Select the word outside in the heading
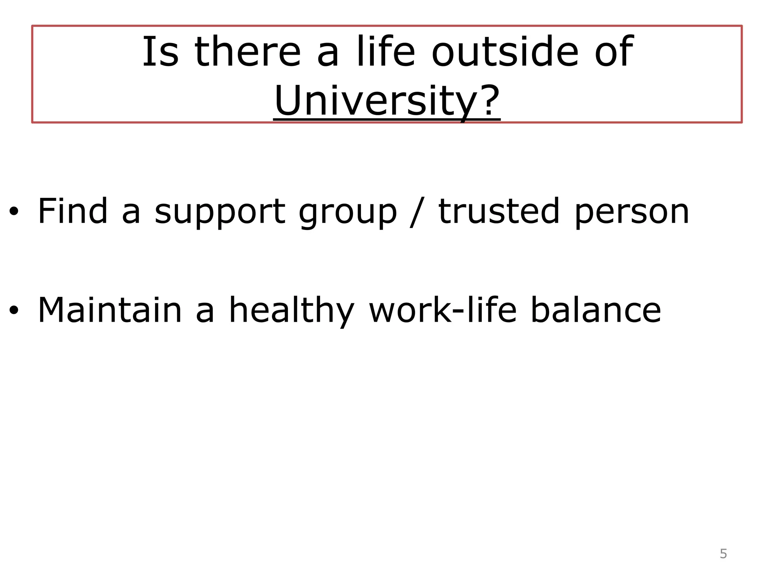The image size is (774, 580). (x=505, y=52)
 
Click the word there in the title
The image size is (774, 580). (x=248, y=52)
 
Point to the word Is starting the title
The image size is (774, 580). (x=160, y=52)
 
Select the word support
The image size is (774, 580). (x=220, y=212)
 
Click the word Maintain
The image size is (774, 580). (x=110, y=310)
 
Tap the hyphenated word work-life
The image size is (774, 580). (x=443, y=310)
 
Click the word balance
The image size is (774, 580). (x=596, y=310)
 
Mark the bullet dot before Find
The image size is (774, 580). (x=14, y=212)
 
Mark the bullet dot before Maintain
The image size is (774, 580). (x=14, y=310)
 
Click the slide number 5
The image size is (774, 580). (x=723, y=554)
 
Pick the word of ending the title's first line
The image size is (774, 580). (x=614, y=52)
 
